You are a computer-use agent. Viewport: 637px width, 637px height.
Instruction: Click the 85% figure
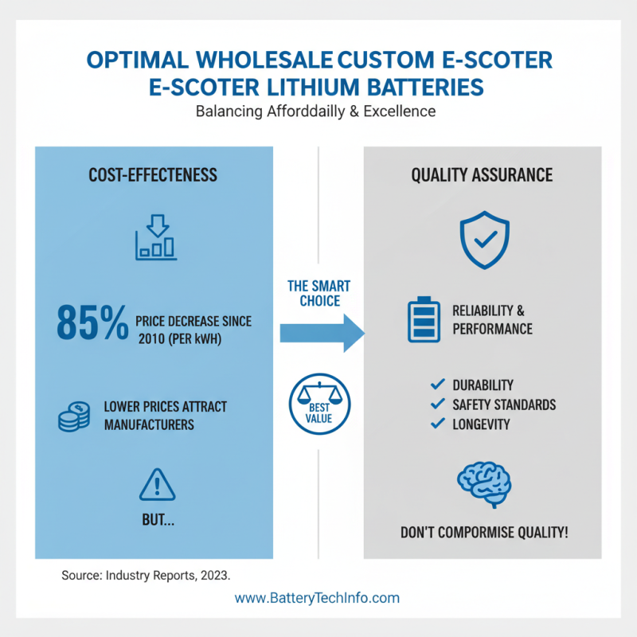tap(92, 323)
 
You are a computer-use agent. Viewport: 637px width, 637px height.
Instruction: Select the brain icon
tap(484, 484)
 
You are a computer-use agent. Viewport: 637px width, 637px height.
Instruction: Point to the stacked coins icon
tap(74, 416)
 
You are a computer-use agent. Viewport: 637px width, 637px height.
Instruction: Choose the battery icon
tap(424, 320)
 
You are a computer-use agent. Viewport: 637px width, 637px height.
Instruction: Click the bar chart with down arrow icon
tap(156, 237)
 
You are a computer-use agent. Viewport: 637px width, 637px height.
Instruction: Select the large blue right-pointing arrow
tap(322, 333)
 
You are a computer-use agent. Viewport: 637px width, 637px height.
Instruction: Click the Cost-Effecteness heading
tap(153, 175)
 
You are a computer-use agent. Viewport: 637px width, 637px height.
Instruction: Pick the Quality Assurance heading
tap(482, 175)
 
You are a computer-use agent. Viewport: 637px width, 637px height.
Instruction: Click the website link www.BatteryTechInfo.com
tap(317, 598)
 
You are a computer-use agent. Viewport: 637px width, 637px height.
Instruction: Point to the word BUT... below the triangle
tap(158, 520)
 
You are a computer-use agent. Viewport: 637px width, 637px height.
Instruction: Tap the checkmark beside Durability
tap(437, 384)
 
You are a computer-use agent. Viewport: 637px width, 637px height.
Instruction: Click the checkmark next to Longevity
tap(437, 424)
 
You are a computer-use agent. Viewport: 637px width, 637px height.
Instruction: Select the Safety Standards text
tap(504, 404)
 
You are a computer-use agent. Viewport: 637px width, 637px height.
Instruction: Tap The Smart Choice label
tap(319, 293)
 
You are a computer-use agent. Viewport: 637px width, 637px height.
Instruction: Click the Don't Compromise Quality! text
tap(484, 532)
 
